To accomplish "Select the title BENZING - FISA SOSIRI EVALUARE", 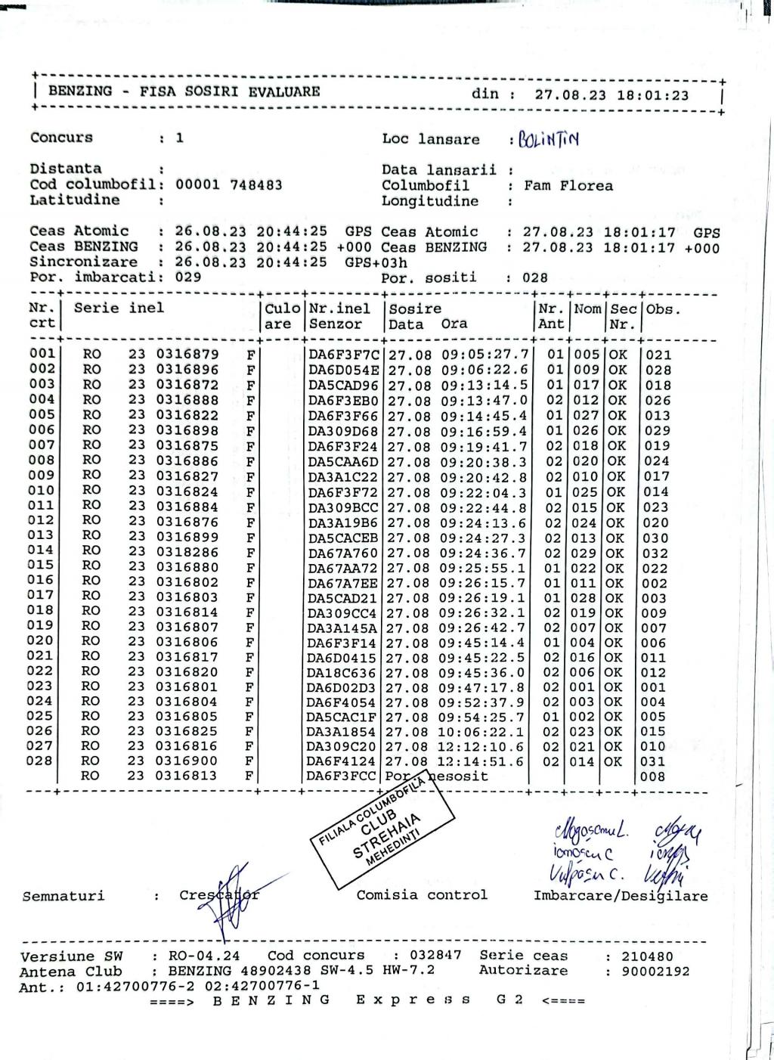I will click(184, 91).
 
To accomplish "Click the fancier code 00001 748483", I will click(229, 184).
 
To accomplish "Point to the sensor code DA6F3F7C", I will click(343, 355).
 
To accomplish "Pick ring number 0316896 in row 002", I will click(187, 370).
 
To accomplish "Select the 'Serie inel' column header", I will click(119, 308).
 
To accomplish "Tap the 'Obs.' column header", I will click(663, 309).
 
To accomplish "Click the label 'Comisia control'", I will click(422, 895).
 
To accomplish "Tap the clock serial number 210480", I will click(647, 956).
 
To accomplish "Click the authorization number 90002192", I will click(655, 972).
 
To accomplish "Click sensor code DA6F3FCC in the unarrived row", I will click(342, 776).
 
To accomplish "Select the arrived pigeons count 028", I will click(535, 278).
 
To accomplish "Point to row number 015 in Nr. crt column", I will click(41, 565).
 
